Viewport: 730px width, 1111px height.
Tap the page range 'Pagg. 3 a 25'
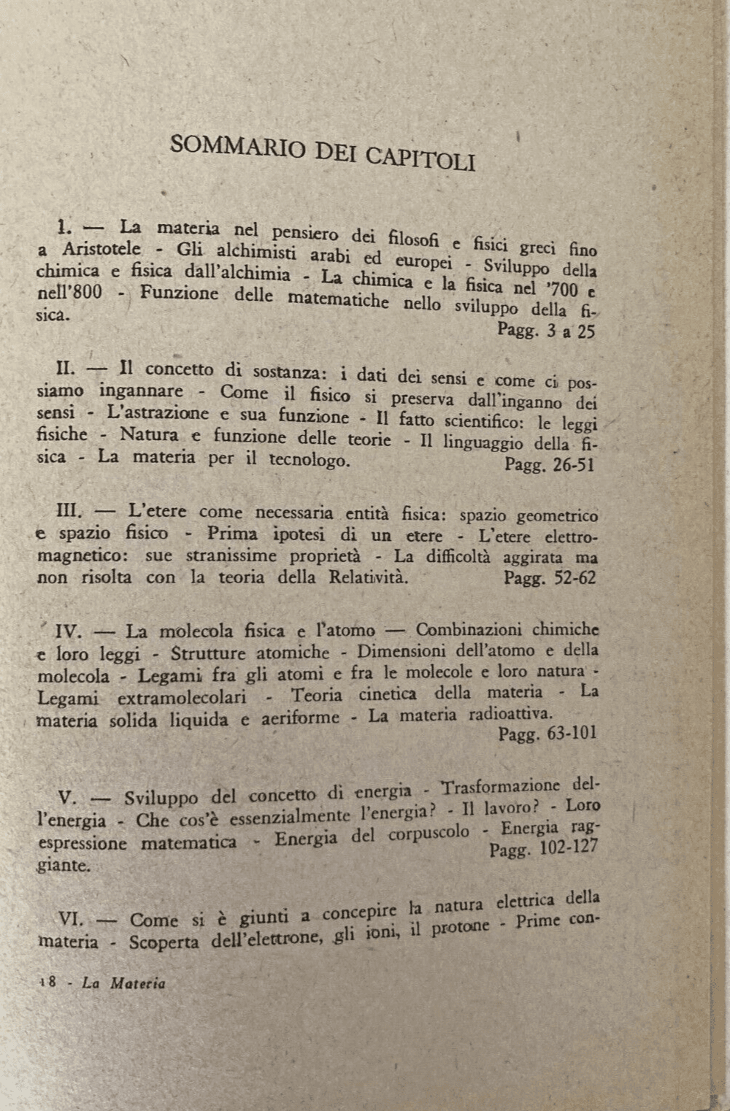(546, 331)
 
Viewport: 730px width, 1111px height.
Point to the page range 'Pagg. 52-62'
(550, 578)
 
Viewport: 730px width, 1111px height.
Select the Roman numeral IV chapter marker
(72, 630)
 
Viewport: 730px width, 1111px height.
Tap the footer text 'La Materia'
(123, 983)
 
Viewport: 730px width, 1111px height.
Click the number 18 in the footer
(48, 983)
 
